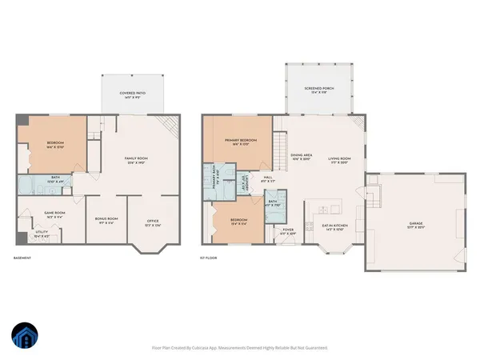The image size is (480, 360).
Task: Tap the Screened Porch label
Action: [318, 88]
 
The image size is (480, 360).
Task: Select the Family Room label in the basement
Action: [136, 159]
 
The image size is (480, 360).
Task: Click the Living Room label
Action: [340, 159]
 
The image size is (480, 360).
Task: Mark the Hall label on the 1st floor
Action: [270, 178]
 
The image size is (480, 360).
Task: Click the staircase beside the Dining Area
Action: [280, 147]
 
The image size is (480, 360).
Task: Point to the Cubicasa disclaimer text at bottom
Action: [240, 348]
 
